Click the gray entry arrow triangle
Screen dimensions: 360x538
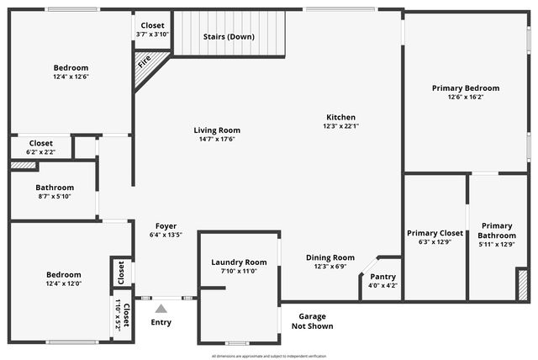coord(161,309)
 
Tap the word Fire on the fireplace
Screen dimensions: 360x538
coord(145,62)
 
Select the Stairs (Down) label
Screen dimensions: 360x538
coord(229,36)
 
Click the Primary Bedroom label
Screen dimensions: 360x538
coord(466,87)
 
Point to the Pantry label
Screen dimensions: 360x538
coord(382,277)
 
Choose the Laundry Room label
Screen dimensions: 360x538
coord(239,262)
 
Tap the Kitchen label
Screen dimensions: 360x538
coord(340,117)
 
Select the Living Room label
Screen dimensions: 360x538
coord(217,130)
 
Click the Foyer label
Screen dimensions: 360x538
coord(165,225)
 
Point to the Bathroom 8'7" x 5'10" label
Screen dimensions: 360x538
coord(55,188)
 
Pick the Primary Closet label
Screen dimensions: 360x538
coord(435,233)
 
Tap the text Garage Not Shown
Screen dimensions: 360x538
coord(311,321)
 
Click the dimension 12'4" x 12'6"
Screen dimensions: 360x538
coord(71,77)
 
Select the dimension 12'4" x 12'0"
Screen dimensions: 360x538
coord(64,283)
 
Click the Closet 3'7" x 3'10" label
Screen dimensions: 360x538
coord(153,26)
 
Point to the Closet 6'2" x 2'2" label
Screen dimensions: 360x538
coord(40,143)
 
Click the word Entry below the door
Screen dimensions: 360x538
coord(161,322)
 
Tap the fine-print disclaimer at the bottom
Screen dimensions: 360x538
coord(269,357)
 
